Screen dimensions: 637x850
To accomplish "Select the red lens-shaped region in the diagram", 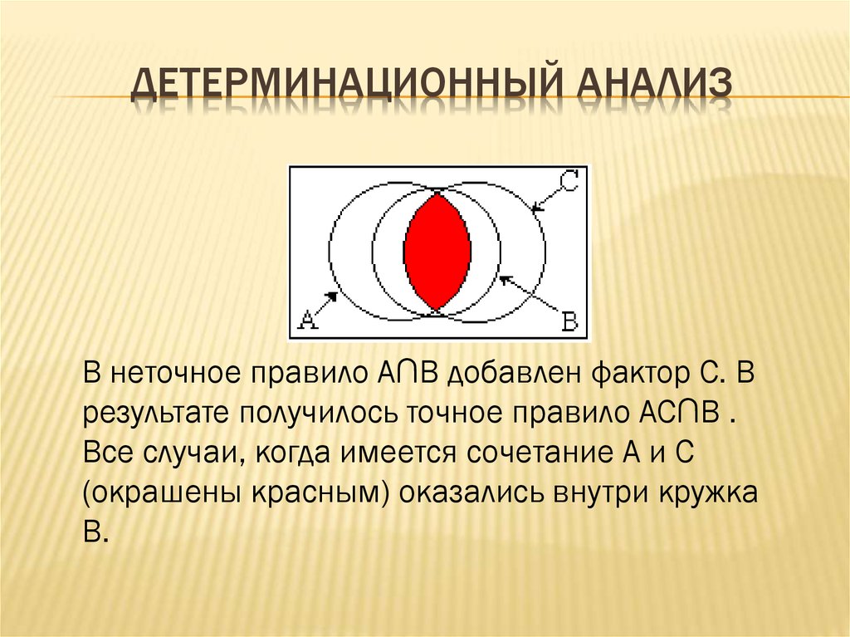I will click(437, 251).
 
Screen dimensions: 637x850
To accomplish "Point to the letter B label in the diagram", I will click(569, 319).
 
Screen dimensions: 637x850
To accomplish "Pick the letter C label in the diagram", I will click(568, 181).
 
